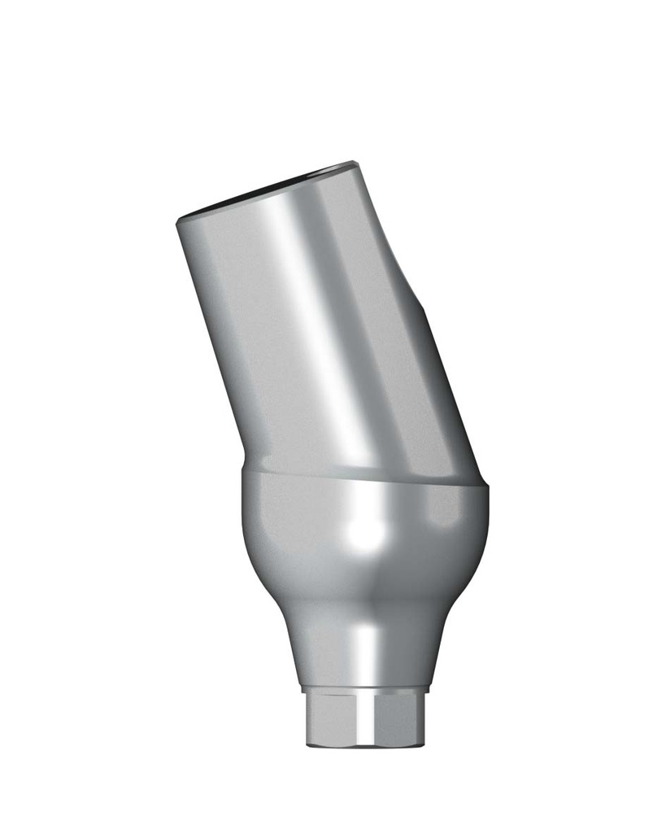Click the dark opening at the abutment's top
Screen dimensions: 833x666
point(268,186)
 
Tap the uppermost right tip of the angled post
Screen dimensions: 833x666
point(355,163)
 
